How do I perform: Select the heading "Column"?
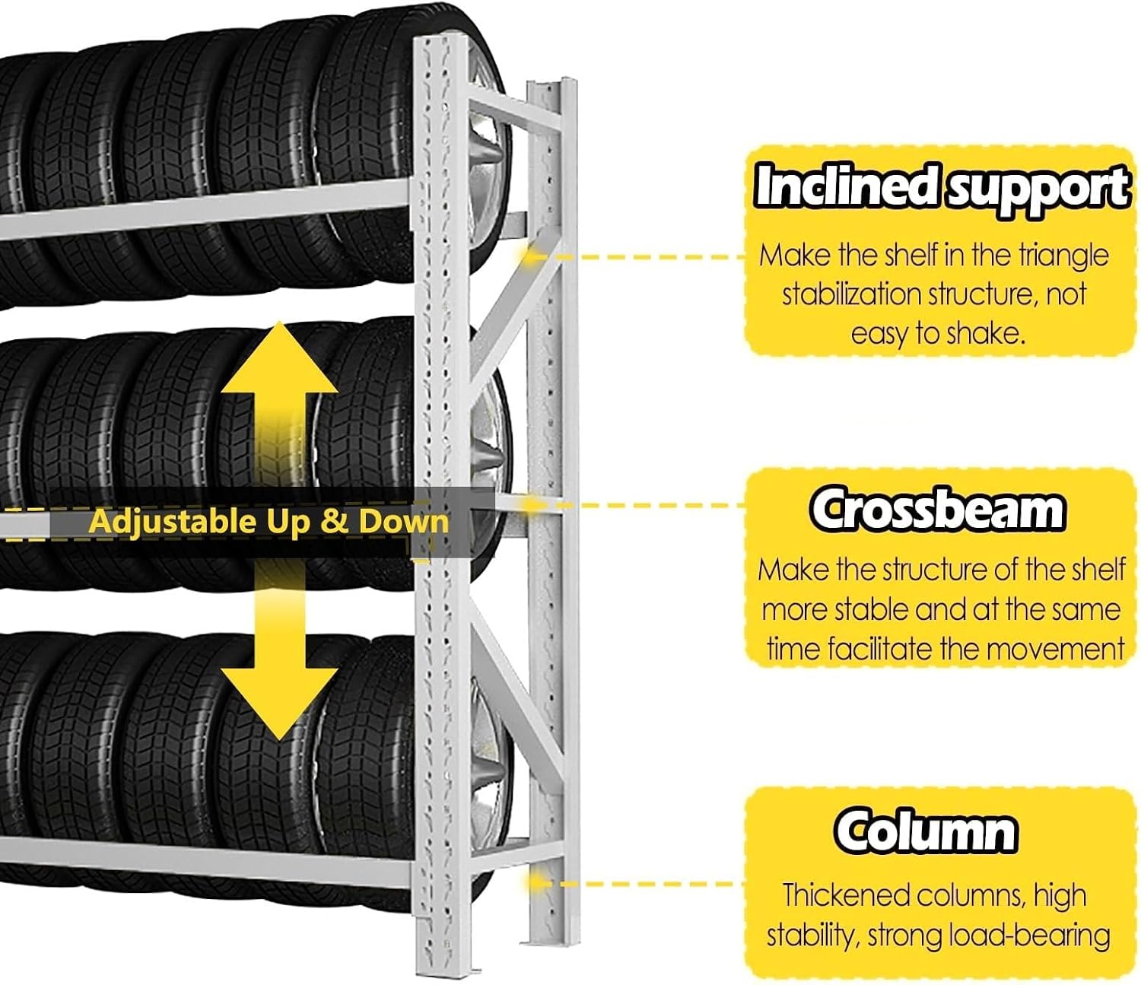coord(925,831)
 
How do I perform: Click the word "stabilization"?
coord(852,294)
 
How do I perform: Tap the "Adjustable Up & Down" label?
coord(269,521)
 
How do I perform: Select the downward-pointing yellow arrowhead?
coord(279,704)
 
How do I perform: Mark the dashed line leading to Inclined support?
coord(635,257)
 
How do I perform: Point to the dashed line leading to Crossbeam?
coord(635,504)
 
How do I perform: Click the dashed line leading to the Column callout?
coord(635,883)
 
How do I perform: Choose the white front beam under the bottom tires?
coord(207,862)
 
